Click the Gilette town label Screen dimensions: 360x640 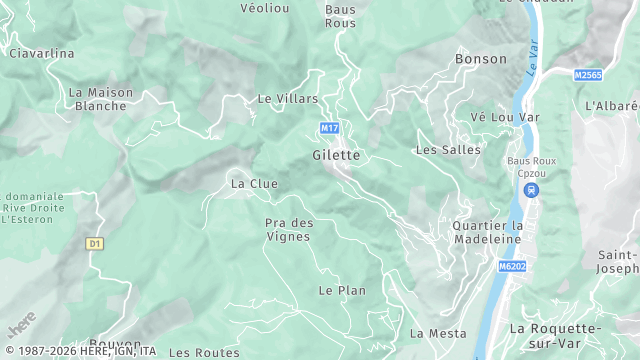pyautogui.click(x=335, y=155)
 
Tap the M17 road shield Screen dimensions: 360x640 pyautogui.click(x=328, y=128)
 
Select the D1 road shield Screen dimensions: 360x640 pyautogui.click(x=95, y=243)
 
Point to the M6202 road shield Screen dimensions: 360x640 pyautogui.click(x=512, y=267)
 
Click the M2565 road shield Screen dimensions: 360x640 pyautogui.click(x=588, y=75)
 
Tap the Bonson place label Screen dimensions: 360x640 pyautogui.click(x=481, y=59)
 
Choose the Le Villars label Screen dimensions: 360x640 pyautogui.click(x=287, y=99)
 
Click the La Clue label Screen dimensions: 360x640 pyautogui.click(x=254, y=184)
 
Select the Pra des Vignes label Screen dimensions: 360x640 pyautogui.click(x=289, y=230)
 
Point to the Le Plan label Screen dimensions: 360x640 pyautogui.click(x=342, y=290)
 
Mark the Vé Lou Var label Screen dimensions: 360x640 pyautogui.click(x=505, y=117)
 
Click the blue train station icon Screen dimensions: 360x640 pyautogui.click(x=531, y=190)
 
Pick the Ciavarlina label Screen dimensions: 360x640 pyautogui.click(x=42, y=53)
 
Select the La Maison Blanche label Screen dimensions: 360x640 pyautogui.click(x=101, y=99)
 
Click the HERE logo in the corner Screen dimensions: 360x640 pyautogui.click(x=22, y=325)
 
